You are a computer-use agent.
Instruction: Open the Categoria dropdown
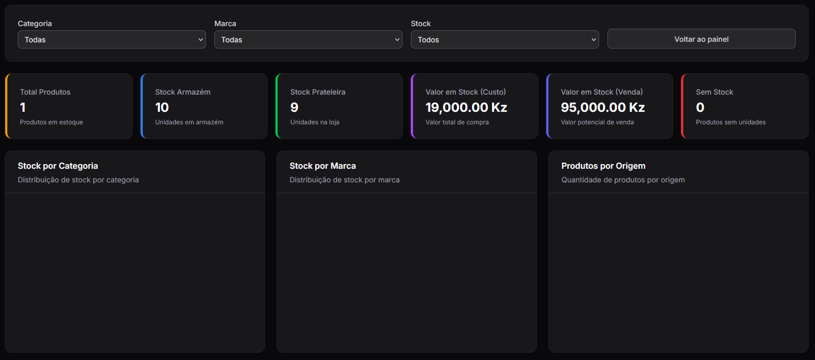112,39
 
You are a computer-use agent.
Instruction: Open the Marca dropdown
308,39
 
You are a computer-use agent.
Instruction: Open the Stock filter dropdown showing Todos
504,39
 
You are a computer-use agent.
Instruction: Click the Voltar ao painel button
701,39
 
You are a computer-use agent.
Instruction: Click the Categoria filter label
35,24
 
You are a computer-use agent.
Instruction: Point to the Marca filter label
225,24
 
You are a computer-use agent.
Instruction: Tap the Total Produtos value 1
22,107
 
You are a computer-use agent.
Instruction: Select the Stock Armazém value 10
162,107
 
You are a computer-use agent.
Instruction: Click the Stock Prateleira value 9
294,107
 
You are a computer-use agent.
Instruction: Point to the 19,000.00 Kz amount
466,107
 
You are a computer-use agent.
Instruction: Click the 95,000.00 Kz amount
603,107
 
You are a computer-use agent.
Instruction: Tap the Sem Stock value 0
700,107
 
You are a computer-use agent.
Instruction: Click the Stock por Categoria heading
58,166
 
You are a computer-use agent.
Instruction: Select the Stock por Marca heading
323,166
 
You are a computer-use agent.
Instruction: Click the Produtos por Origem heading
603,166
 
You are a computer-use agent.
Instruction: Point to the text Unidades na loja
315,122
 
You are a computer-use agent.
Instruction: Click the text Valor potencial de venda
597,122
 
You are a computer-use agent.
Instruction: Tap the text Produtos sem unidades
731,122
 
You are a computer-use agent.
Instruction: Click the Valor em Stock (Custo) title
466,92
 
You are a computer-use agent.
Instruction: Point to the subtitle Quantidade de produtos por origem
623,180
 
